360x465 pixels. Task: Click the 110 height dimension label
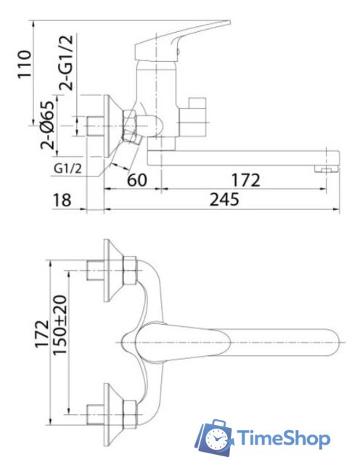point(24,64)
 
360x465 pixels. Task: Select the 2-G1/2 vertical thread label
point(66,63)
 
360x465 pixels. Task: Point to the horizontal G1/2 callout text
point(67,169)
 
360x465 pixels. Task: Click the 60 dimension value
point(137,179)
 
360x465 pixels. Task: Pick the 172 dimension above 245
point(245,180)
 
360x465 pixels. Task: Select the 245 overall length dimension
point(224,199)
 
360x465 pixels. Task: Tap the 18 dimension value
point(62,200)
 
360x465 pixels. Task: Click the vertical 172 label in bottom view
point(42,333)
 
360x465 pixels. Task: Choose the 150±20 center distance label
point(60,325)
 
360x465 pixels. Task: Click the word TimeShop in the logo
point(284,438)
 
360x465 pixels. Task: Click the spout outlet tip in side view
point(327,169)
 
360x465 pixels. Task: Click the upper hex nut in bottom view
point(129,270)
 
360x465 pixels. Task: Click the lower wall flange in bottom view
point(113,414)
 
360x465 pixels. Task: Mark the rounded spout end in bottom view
point(333,342)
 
